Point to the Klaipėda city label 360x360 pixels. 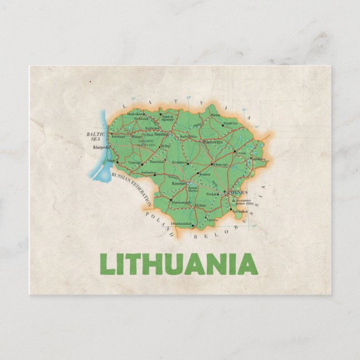click(102, 148)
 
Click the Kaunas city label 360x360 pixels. click(178, 183)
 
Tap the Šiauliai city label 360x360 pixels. click(162, 135)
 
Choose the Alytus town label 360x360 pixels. click(200, 205)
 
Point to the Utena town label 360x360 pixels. click(240, 153)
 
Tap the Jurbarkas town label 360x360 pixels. click(148, 173)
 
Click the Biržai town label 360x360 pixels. click(215, 115)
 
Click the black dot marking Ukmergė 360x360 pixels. click(212, 165)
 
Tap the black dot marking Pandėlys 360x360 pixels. click(222, 125)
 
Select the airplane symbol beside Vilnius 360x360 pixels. click(224, 192)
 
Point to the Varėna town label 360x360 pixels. click(212, 220)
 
